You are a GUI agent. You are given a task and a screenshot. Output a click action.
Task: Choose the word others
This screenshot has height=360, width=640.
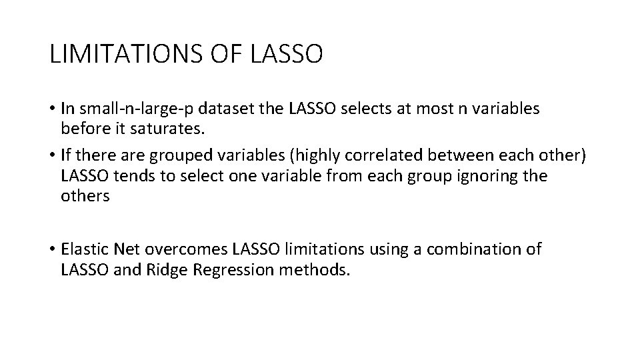tap(85, 197)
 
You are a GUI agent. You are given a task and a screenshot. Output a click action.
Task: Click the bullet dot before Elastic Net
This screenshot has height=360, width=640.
tap(52, 250)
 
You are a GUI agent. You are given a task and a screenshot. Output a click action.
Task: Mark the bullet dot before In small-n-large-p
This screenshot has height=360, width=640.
tap(52, 108)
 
